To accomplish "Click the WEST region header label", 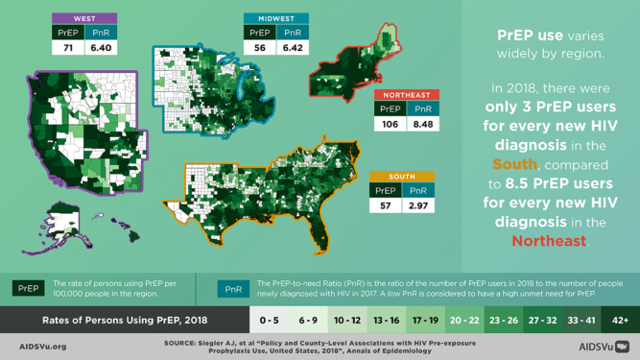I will click(83, 18).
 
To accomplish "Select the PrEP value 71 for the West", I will click(68, 47).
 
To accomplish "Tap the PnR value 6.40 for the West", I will click(100, 47).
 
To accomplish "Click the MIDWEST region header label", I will click(275, 18).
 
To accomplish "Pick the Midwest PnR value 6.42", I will click(292, 47).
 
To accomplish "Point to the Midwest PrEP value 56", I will click(260, 47).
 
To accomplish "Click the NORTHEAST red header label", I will click(407, 95).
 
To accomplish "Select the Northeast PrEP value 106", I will click(391, 123).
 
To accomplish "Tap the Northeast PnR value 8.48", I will click(422, 123).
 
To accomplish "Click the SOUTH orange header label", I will click(402, 177).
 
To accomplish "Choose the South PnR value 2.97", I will click(418, 205).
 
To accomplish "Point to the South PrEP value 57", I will click(386, 205).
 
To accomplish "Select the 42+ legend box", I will click(620, 320).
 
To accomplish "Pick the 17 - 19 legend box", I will click(425, 320).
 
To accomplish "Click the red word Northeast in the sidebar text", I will click(549, 241).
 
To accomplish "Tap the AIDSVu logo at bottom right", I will click(604, 346).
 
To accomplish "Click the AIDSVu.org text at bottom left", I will click(43, 346).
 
